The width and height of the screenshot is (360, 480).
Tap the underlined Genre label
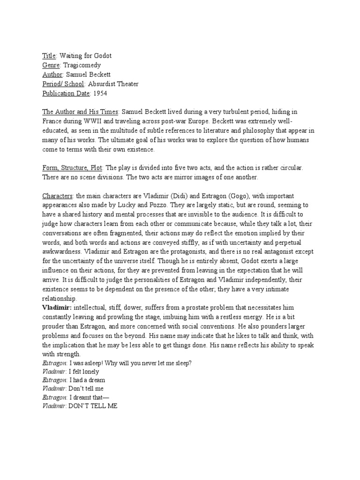point(51,65)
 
